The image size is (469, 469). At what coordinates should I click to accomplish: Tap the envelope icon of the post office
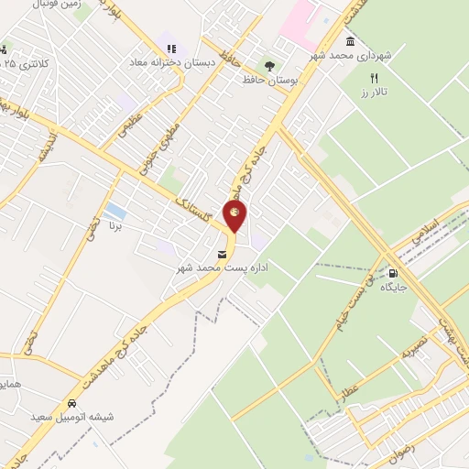point(221,254)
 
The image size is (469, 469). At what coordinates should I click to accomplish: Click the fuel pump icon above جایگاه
point(394,272)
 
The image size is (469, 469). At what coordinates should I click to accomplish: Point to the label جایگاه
point(394,287)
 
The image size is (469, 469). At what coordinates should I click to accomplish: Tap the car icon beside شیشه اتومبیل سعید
point(71,403)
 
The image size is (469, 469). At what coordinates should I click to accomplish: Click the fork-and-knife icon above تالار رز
point(374,79)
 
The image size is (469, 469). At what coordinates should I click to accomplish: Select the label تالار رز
point(374,93)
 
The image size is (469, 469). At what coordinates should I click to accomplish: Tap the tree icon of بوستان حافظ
point(269,66)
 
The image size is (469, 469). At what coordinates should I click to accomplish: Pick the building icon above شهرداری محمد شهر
point(351,41)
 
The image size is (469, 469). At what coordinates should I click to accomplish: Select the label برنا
point(115,224)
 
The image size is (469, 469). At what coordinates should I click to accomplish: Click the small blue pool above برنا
point(115,211)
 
